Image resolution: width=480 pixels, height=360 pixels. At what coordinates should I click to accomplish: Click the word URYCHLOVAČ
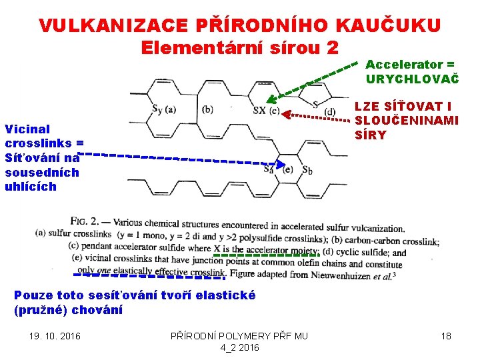click(x=412, y=79)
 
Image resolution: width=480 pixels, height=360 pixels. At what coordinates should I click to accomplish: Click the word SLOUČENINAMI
click(x=406, y=121)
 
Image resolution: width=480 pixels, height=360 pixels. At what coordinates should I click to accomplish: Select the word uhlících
click(x=31, y=187)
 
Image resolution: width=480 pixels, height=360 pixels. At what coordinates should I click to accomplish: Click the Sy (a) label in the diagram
click(x=164, y=109)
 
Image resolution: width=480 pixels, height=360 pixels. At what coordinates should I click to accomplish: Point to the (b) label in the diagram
click(x=207, y=109)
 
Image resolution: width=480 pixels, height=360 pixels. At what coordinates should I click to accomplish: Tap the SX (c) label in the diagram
click(x=265, y=111)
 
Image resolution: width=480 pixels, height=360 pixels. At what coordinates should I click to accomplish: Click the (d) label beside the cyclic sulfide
click(x=329, y=111)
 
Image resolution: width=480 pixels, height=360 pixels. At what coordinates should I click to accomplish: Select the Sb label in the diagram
click(x=307, y=169)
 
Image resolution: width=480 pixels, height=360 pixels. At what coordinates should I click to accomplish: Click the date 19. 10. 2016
click(x=55, y=336)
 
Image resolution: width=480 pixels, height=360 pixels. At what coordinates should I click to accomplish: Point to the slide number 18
click(x=446, y=336)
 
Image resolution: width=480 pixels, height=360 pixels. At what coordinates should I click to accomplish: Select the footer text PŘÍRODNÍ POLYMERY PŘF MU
click(x=240, y=336)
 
